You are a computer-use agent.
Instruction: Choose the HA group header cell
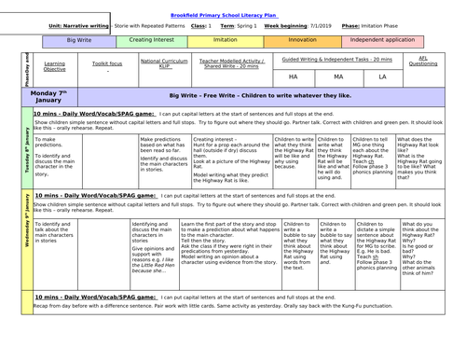pyautogui.click(x=293, y=76)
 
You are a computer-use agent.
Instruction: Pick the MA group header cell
pyautogui.click(x=337, y=76)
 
